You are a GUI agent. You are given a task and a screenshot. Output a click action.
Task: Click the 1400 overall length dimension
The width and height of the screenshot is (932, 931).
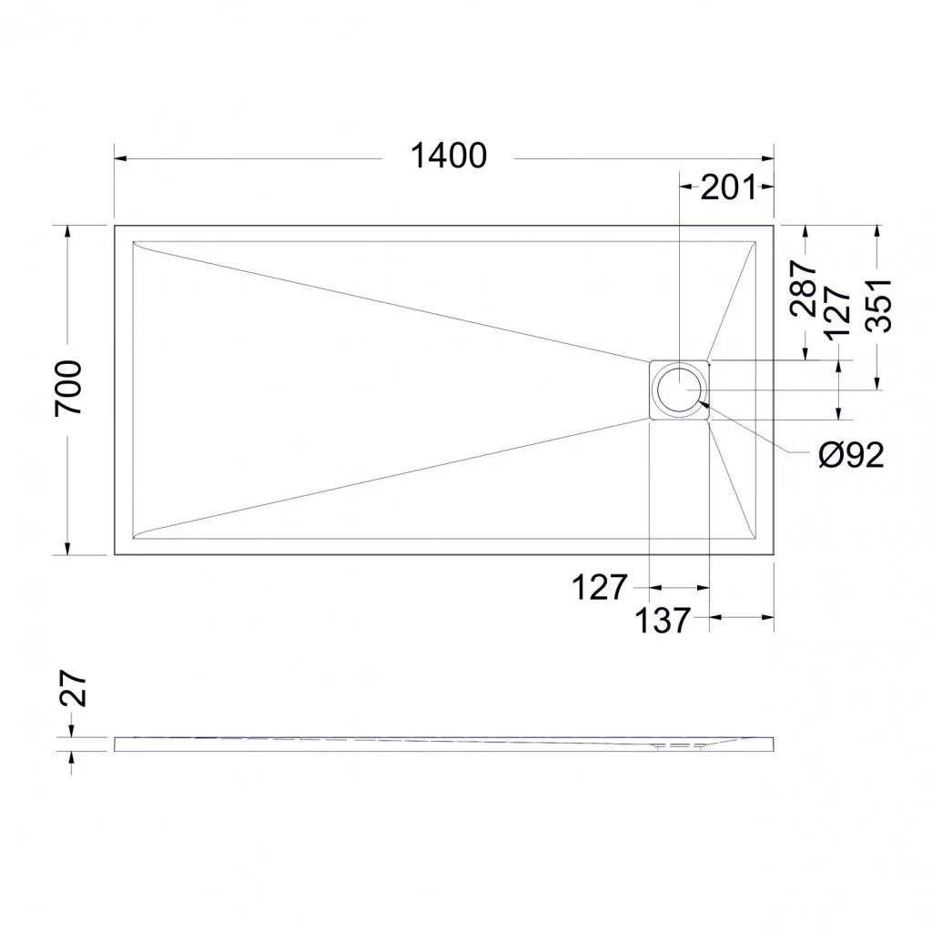tap(449, 156)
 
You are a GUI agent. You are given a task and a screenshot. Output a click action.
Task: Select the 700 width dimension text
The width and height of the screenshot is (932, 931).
tap(68, 389)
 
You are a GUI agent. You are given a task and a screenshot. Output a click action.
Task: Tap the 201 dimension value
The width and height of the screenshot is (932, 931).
tap(728, 187)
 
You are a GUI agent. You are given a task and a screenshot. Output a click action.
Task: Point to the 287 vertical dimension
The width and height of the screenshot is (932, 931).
tap(803, 288)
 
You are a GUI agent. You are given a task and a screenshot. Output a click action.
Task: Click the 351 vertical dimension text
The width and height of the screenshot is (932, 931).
tap(879, 305)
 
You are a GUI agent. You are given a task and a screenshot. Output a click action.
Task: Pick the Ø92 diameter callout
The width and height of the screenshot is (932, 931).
tap(851, 455)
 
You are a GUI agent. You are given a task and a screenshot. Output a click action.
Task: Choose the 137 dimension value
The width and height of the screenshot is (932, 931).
tap(663, 621)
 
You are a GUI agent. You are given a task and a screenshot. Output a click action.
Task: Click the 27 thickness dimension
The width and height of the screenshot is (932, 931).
tap(73, 688)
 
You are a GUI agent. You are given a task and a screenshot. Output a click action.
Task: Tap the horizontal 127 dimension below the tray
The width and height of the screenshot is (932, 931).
tap(599, 587)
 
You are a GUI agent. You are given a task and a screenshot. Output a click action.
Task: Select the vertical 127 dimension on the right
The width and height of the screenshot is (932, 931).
tap(837, 313)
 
